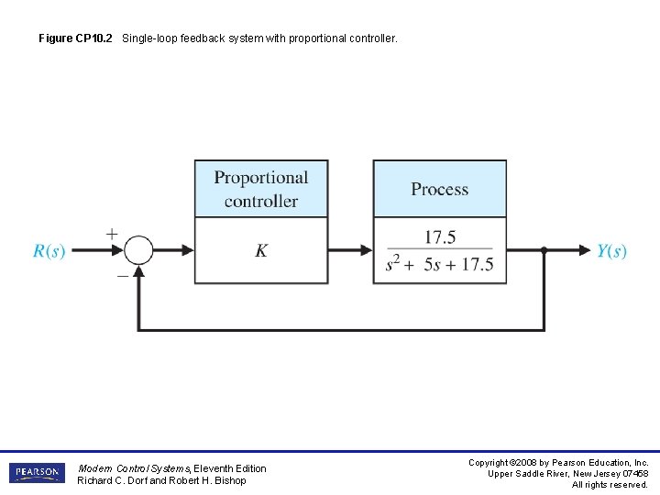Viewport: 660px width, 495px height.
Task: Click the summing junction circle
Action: [138, 249]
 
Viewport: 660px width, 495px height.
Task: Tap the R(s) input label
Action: [49, 251]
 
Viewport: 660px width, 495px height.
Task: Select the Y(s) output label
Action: [611, 251]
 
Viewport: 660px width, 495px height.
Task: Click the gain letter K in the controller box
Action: [261, 250]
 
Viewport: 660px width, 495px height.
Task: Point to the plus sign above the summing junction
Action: [112, 234]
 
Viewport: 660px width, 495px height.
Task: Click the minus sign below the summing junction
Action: [121, 272]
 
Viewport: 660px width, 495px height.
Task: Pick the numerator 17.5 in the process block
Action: [440, 237]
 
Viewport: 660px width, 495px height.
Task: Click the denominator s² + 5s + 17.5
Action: [440, 265]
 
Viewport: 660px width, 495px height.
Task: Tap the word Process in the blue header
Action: [439, 190]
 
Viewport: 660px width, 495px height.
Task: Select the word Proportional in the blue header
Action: [261, 178]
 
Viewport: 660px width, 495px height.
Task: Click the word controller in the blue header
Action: [261, 201]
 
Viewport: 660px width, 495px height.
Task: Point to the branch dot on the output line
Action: [544, 249]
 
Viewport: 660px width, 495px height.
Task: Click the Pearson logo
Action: [38, 473]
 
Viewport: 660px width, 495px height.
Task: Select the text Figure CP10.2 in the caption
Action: [76, 39]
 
